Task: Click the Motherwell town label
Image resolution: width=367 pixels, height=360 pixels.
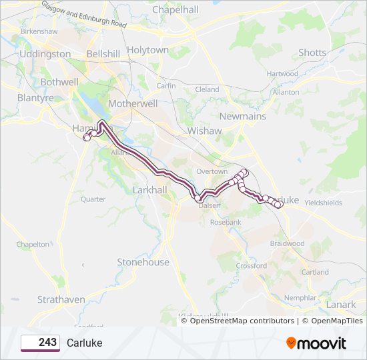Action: (x=133, y=104)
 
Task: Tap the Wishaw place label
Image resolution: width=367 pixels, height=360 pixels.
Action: (x=204, y=131)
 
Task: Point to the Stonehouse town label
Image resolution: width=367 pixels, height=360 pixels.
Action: (x=143, y=262)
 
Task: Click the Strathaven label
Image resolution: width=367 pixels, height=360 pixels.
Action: (x=61, y=299)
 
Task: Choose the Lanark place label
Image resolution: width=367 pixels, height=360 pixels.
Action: (x=341, y=304)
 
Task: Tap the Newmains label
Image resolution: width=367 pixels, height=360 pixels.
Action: (x=243, y=116)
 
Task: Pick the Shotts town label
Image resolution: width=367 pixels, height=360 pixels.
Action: (x=312, y=53)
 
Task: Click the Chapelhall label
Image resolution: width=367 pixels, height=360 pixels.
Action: (x=175, y=10)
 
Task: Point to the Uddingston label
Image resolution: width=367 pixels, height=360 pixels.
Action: (x=45, y=54)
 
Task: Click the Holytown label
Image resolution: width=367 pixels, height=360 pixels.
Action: (x=148, y=50)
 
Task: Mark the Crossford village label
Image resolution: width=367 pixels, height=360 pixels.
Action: (x=252, y=265)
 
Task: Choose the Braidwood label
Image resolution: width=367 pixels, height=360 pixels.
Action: (x=287, y=243)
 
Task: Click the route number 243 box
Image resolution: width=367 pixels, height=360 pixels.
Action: (x=40, y=343)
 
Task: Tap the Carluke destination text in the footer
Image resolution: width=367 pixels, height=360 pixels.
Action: (x=85, y=343)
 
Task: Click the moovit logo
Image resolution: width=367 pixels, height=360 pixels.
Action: (x=316, y=343)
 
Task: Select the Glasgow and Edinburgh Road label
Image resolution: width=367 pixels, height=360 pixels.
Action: (x=83, y=14)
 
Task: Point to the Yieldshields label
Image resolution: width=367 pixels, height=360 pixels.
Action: (x=323, y=203)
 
